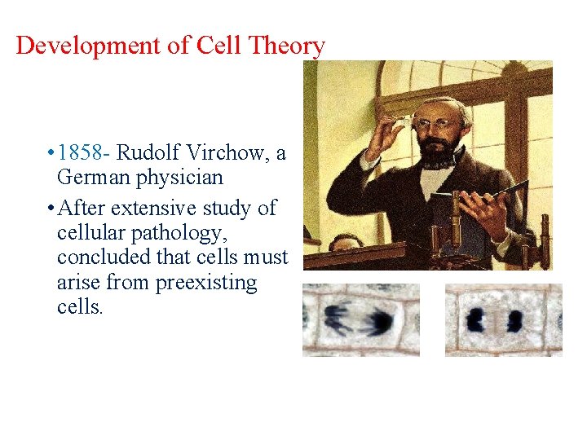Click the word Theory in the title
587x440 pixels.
286,46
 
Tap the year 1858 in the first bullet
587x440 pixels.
84,152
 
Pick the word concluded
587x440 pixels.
102,258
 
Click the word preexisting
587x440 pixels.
206,284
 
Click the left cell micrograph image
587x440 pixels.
360,319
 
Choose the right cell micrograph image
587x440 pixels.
503,319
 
